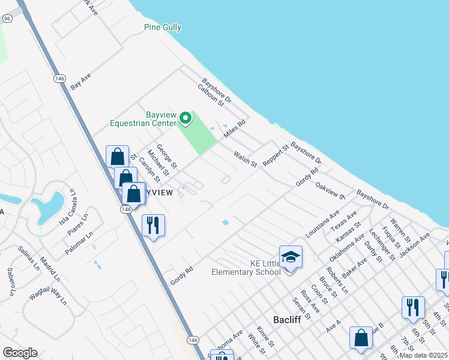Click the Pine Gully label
coord(163,27)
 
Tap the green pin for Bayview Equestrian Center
coord(185,119)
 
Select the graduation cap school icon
coord(291,257)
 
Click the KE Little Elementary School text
coord(246,268)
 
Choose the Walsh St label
coord(245,159)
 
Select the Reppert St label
coord(276,155)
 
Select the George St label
coord(167,155)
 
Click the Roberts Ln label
coord(337,279)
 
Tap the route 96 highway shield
coord(7,19)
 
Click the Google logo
coord(20,353)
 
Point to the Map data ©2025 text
coord(423,355)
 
